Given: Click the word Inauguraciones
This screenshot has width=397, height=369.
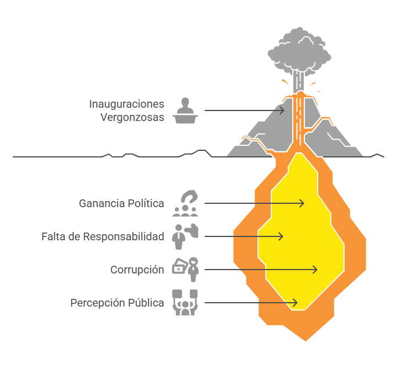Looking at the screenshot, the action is pyautogui.click(x=127, y=104).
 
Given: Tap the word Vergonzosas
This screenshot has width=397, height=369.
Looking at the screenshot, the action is pyautogui.click(x=132, y=118).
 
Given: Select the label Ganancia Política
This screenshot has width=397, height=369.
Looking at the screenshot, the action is pyautogui.click(x=121, y=203).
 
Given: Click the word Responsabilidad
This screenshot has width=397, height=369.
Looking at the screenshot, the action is pyautogui.click(x=124, y=236).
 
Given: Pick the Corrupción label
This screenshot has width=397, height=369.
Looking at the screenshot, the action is pyautogui.click(x=137, y=270).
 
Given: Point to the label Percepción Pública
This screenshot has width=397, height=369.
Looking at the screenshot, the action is pyautogui.click(x=117, y=303).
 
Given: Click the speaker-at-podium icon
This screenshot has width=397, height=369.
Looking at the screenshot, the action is pyautogui.click(x=185, y=110).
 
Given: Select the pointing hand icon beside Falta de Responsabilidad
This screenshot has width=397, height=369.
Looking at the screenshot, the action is pyautogui.click(x=191, y=230).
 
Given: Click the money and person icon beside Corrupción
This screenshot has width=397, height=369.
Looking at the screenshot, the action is pyautogui.click(x=185, y=270).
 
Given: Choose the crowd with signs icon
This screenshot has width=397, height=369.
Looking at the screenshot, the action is pyautogui.click(x=185, y=303).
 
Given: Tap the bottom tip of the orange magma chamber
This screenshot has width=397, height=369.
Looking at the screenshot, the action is pyautogui.click(x=305, y=341).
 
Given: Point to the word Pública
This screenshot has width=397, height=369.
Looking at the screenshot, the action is pyautogui.click(x=146, y=303).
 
